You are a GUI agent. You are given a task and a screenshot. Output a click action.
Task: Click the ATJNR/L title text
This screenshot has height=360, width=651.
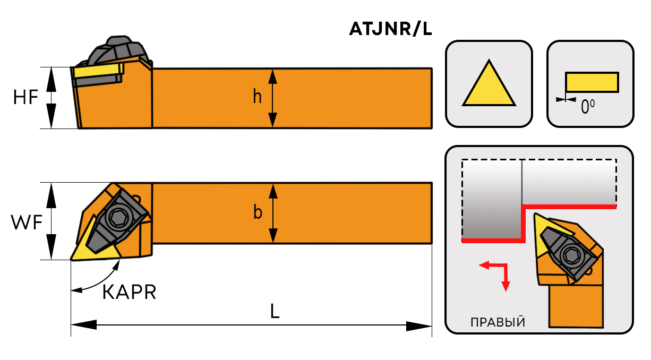(390, 29)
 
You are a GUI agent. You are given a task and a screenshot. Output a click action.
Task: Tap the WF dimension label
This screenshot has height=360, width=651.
(26, 224)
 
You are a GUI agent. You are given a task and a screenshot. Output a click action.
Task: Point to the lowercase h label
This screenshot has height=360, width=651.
(258, 97)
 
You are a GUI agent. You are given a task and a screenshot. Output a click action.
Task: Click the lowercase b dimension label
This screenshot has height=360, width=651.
(258, 212)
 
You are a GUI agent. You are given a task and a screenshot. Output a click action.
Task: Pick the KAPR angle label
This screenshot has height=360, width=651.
(129, 292)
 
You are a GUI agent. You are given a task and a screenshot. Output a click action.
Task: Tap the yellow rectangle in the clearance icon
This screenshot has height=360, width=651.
(592, 82)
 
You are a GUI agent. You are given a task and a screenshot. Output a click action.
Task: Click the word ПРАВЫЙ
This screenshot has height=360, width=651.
(498, 322)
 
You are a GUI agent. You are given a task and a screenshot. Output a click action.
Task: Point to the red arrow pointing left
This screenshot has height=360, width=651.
(484, 265)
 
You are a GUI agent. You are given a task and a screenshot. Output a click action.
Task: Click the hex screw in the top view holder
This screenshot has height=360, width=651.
(117, 216)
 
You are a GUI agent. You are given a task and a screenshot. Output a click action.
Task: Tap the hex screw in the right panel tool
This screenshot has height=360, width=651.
(571, 255)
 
